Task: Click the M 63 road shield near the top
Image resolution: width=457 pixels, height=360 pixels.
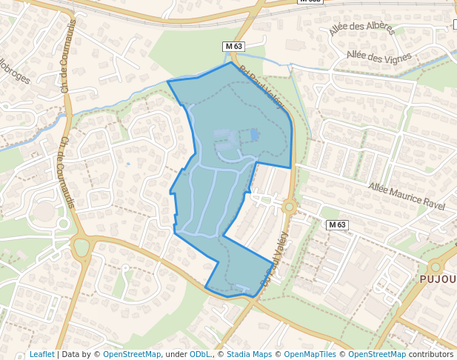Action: point(233,47)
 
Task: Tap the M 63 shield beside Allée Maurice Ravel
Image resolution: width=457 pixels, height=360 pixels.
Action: point(337,224)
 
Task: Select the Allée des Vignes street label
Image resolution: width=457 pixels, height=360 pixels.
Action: point(378,58)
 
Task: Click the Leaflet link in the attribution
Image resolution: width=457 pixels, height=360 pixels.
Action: point(41,355)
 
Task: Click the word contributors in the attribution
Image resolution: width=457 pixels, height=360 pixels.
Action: point(431,355)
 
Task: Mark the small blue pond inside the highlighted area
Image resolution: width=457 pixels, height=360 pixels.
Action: point(255,135)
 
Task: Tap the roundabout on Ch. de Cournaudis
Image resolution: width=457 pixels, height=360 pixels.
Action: point(81,247)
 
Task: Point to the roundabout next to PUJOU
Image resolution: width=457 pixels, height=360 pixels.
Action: point(438,267)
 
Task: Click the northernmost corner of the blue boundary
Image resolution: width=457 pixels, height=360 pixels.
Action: point(231,62)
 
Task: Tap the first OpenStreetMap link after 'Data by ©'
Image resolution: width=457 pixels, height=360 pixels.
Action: point(132,355)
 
